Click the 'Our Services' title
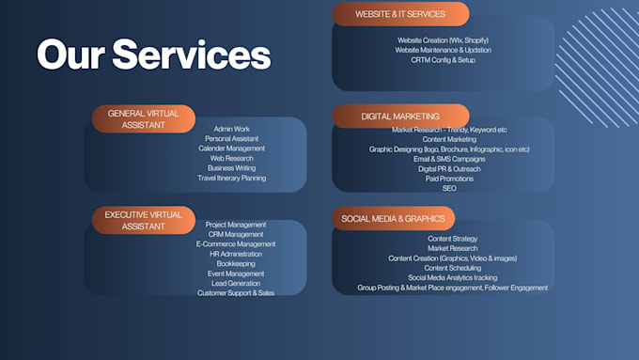coord(153,55)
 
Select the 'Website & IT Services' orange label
coord(400,14)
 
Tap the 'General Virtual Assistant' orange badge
coord(144,119)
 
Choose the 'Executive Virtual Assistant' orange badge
coord(144,220)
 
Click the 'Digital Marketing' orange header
coord(400,117)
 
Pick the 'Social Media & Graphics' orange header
coord(393,218)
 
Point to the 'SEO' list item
coord(449,188)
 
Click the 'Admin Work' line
coord(231,129)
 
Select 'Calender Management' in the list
coord(231,149)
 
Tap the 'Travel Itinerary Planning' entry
coord(231,178)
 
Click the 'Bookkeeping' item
coord(236,264)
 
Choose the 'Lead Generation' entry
coord(236,283)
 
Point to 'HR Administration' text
coord(236,254)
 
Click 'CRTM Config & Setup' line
coord(443,60)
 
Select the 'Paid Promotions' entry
coord(449,179)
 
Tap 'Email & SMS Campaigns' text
coord(449,159)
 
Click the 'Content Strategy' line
coord(452,239)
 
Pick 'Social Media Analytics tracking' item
coord(452,277)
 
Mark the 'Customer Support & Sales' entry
coord(236,293)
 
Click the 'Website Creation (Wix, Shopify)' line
coord(443,40)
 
